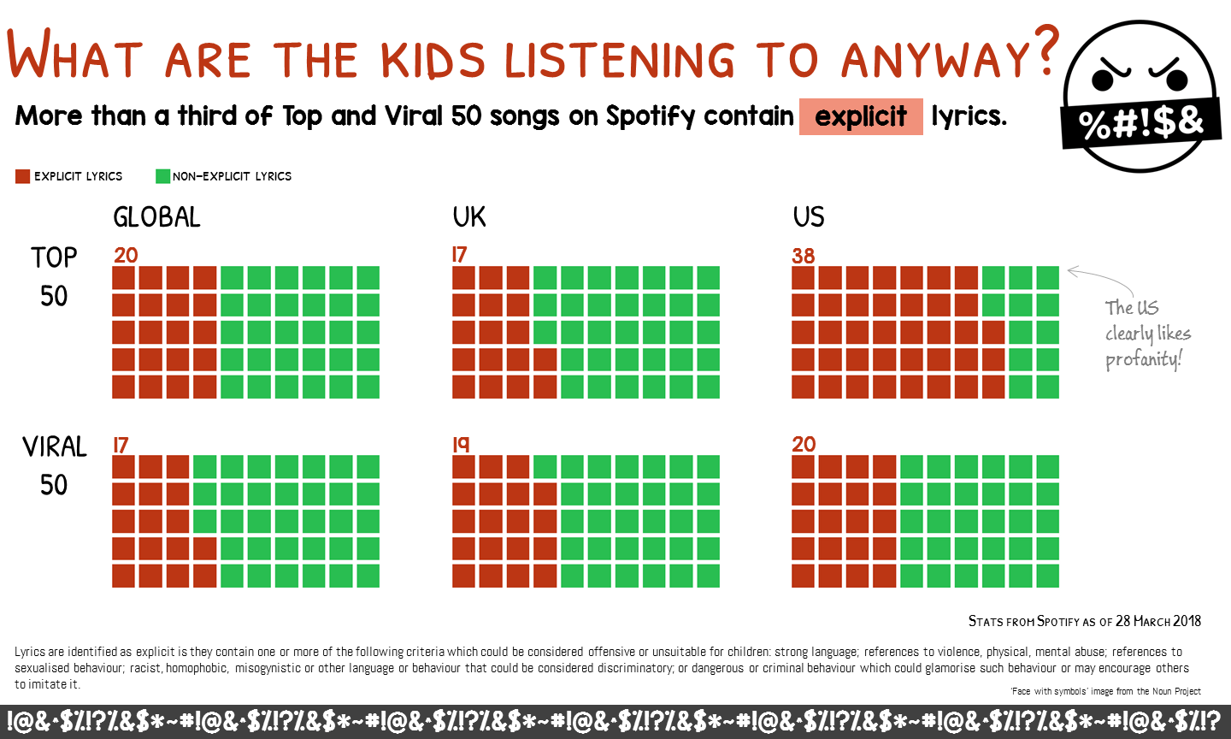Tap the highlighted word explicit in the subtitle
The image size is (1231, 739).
[861, 116]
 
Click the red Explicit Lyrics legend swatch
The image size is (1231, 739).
[22, 176]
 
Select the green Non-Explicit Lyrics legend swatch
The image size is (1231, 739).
[162, 176]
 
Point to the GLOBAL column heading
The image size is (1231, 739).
[156, 217]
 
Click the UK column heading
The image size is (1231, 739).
[469, 217]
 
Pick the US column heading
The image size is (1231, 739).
[809, 217]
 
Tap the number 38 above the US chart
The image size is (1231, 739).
[804, 257]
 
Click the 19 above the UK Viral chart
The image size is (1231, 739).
[461, 444]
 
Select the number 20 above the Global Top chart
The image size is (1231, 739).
[126, 255]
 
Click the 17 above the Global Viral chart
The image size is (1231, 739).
[121, 445]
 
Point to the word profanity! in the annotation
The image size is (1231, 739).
[1143, 360]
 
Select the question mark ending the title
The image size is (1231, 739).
[1044, 50]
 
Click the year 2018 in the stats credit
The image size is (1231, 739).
[1187, 621]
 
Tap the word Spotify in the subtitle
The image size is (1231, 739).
[651, 116]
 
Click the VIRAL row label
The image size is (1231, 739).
[55, 447]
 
